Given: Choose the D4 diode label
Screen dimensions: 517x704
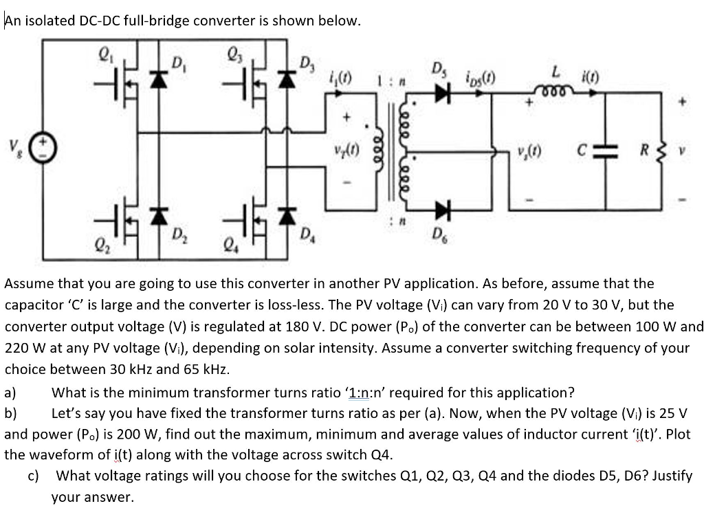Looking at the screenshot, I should click(307, 238).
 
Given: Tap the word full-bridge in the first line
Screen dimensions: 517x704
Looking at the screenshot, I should click(157, 21).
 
